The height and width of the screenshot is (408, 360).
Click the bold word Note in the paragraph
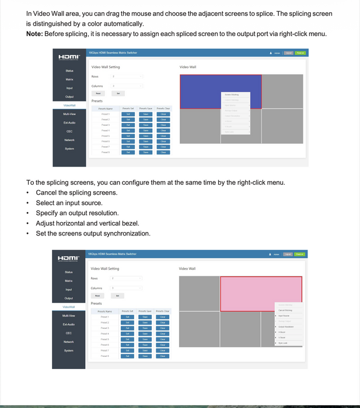pos(36,33)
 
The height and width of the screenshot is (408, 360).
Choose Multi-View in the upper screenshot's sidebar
pos(69,114)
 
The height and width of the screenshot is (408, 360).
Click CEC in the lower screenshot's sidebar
pos(69,333)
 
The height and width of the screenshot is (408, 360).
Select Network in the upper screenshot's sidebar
pos(69,140)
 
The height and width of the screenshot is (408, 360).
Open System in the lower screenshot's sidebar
pos(69,350)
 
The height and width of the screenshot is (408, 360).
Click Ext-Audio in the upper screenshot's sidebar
pos(69,123)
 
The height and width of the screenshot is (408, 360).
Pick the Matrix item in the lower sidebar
pos(69,280)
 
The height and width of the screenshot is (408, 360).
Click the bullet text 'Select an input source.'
pos(69,203)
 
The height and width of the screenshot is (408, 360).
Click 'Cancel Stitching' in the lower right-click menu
pos(286,310)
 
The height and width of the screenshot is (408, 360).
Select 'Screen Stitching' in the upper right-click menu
pos(232,94)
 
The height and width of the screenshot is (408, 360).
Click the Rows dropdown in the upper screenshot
pos(127,76)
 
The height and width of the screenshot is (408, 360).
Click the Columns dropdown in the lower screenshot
pos(127,287)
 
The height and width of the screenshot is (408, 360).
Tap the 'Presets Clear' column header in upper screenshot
pos(163,108)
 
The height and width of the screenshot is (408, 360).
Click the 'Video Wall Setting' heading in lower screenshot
pos(105,268)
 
